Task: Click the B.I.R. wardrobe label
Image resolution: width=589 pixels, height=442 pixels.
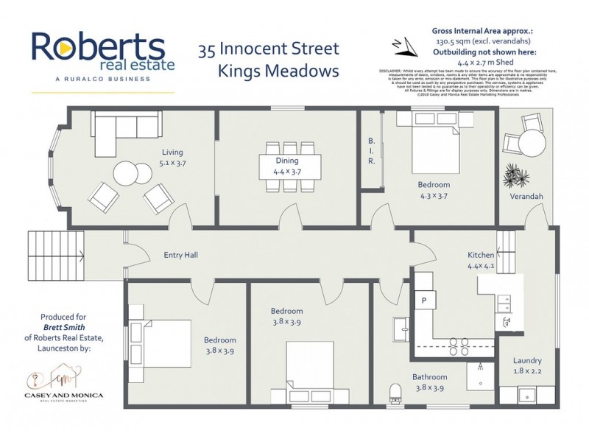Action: (372, 151)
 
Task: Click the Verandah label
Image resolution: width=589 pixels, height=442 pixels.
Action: (526, 197)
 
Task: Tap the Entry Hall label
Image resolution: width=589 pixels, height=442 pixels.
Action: (180, 256)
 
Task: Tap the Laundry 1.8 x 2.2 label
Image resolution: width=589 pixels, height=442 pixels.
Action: (527, 366)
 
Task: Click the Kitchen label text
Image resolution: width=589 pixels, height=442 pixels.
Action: (482, 255)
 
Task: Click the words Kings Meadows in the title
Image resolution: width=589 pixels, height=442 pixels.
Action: (277, 71)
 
